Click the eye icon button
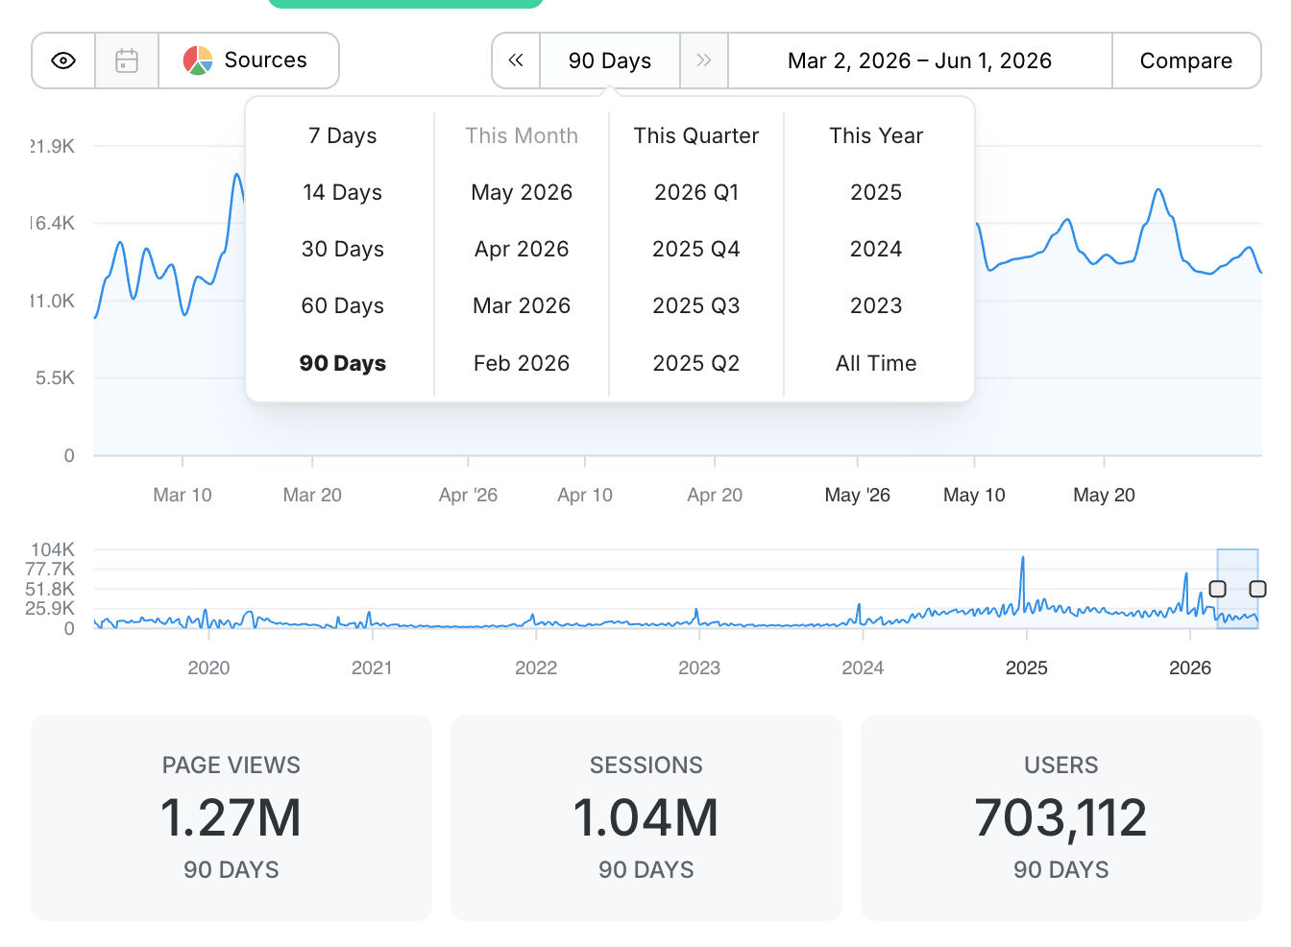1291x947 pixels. click(x=63, y=61)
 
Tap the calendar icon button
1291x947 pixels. click(x=127, y=61)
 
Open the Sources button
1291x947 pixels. click(x=249, y=61)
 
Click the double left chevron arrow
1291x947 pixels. click(x=516, y=61)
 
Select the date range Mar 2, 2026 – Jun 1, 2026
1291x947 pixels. click(x=920, y=61)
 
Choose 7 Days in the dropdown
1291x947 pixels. click(x=342, y=136)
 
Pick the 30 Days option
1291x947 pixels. click(x=342, y=249)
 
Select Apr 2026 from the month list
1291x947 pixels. click(x=522, y=249)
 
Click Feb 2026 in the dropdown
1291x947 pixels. click(x=522, y=363)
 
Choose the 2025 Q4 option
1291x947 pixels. click(x=696, y=249)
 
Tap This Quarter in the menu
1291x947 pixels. click(x=696, y=136)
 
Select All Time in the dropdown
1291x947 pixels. click(x=876, y=363)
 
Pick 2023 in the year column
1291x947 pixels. click(x=876, y=305)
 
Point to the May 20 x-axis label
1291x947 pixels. click(x=1105, y=495)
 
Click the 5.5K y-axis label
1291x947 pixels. click(x=55, y=378)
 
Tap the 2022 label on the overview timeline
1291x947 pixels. click(x=536, y=668)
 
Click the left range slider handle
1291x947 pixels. click(x=1217, y=589)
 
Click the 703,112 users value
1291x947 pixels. click(x=1061, y=817)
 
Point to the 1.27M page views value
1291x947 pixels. click(x=231, y=817)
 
